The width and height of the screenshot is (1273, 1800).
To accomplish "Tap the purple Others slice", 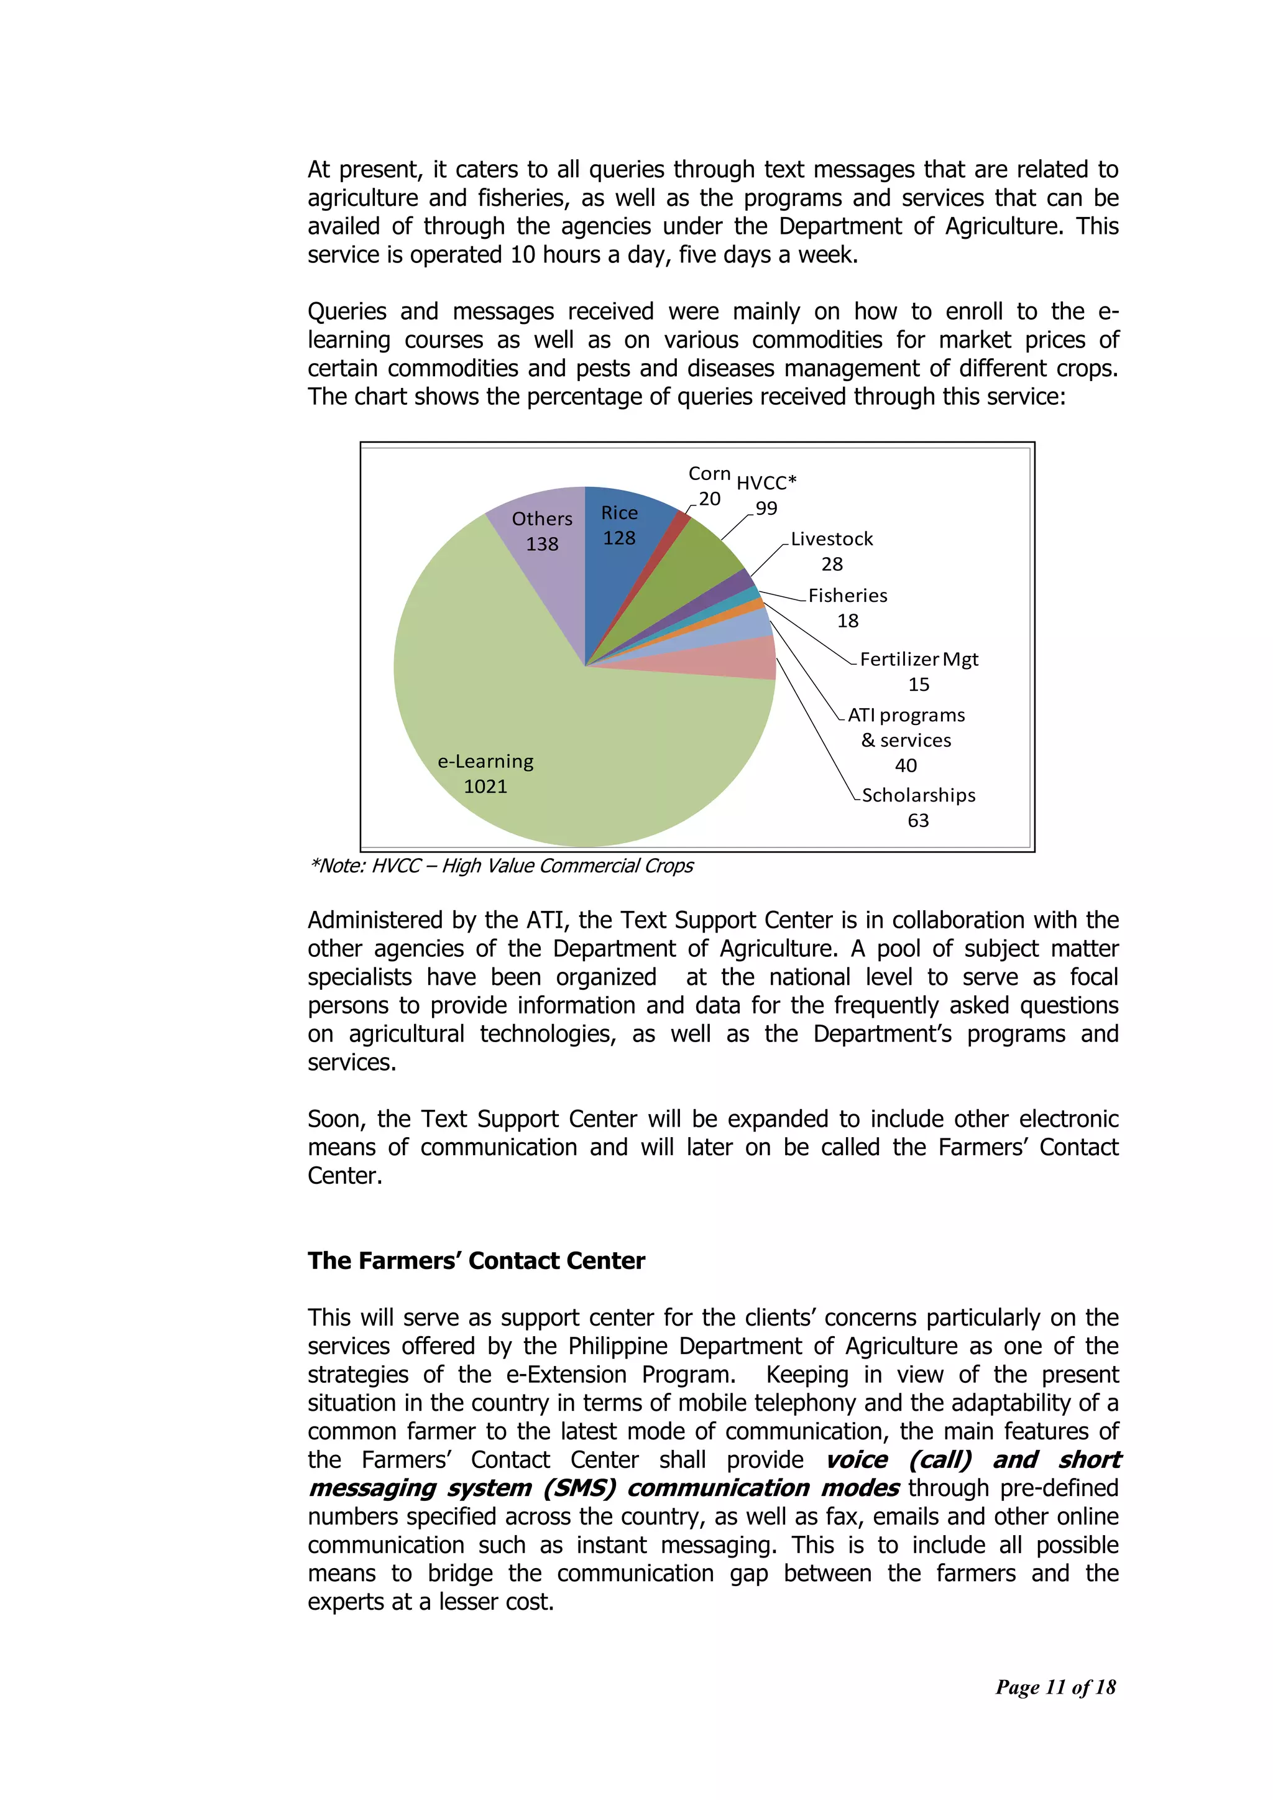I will [541, 549].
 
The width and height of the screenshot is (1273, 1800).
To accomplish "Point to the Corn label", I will [709, 474].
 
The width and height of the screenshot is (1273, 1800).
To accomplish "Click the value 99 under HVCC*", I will [766, 509].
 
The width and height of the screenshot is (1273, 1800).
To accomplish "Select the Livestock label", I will [831, 539].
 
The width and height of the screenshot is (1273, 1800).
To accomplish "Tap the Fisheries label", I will [847, 596].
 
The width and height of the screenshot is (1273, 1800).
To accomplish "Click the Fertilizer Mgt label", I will [918, 659].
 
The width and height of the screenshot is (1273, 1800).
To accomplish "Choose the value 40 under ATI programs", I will [906, 765].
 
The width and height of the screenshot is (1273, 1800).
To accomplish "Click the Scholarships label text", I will [918, 795].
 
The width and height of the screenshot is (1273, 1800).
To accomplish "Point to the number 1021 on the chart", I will [485, 787].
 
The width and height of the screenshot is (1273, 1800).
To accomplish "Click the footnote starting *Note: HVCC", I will [502, 865].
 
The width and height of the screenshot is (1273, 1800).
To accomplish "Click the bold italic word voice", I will [857, 1460].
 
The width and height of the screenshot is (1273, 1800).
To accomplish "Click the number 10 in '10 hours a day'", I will [523, 255].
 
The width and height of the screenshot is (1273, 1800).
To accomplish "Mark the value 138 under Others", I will [541, 544].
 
